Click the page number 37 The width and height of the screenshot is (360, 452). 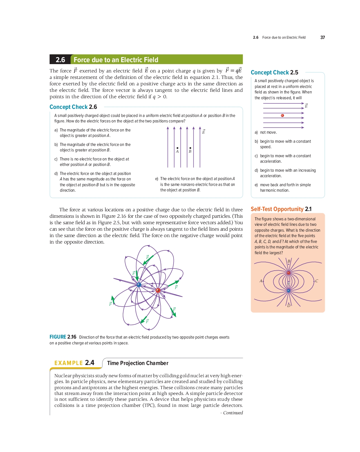(x=322, y=37)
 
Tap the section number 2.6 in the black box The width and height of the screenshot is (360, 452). (x=60, y=60)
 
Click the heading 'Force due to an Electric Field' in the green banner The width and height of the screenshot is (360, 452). (x=116, y=60)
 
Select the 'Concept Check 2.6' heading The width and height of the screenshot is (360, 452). (x=73, y=107)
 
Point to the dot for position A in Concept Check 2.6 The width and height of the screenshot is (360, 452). (x=177, y=148)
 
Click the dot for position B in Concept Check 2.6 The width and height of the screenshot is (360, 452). (x=190, y=148)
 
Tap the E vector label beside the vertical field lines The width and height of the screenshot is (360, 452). (x=204, y=131)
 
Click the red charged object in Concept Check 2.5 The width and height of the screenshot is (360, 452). (x=282, y=115)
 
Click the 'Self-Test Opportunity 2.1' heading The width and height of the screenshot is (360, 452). (x=281, y=209)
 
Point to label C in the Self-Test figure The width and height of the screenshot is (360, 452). (x=317, y=281)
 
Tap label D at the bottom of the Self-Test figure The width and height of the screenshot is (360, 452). (x=289, y=305)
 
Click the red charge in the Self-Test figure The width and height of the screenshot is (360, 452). (x=289, y=273)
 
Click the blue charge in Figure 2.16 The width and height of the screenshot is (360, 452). (x=139, y=285)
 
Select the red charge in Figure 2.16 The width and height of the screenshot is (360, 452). (x=158, y=291)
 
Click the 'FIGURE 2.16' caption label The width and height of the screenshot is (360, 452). (x=63, y=337)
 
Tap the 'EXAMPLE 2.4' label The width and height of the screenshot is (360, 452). (x=74, y=363)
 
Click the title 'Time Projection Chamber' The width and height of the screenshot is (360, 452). (x=137, y=363)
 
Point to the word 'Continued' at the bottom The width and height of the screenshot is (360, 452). (x=233, y=413)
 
